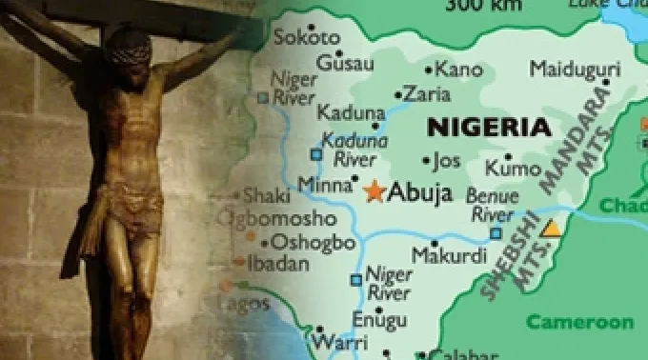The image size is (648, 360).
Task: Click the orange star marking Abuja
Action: pos(373,190)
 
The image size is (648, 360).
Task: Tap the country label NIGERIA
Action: pos(489,127)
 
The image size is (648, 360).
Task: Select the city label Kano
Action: pos(459,69)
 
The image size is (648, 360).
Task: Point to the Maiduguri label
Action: pos(575,69)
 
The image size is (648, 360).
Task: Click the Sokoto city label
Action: pos(306,38)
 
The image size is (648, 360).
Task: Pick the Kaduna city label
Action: pos(351,113)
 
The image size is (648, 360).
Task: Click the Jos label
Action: pos(447,159)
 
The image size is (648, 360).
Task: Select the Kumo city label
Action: pos(514,169)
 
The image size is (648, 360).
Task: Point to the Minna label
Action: pos(325,184)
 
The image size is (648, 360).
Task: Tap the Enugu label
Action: pos(379,319)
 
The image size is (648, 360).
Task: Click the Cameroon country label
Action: pos(580,322)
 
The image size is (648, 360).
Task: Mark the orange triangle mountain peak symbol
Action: pos(550,229)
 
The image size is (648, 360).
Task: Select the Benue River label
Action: pos(492,205)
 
